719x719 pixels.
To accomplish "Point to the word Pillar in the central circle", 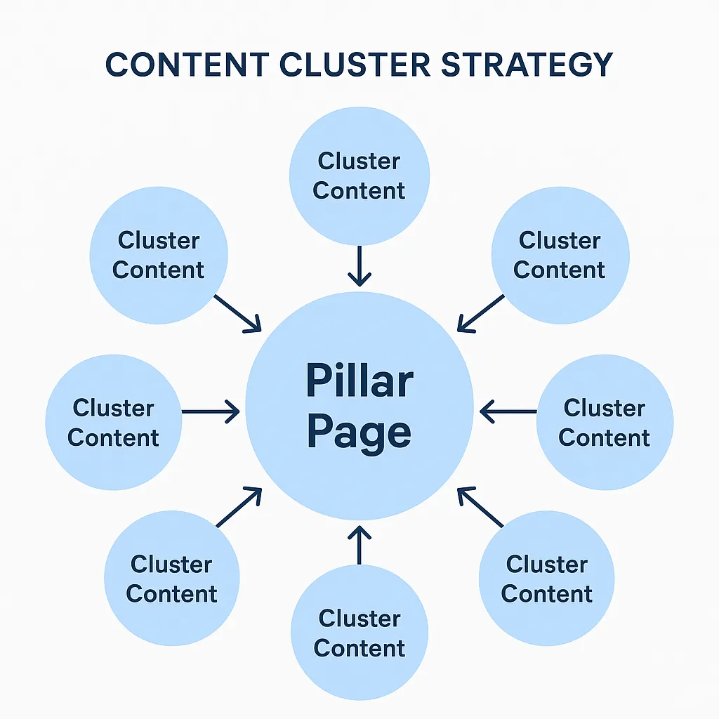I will click(x=359, y=381).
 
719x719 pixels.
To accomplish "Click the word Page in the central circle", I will click(x=359, y=432).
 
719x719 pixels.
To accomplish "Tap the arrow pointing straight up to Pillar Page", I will click(x=359, y=545).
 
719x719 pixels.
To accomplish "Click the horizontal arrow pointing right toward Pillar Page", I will click(x=211, y=411).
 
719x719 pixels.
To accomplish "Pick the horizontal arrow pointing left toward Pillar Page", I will click(x=508, y=411).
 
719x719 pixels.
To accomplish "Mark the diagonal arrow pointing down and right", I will click(x=237, y=312).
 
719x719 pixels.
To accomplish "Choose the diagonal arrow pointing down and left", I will click(x=480, y=312).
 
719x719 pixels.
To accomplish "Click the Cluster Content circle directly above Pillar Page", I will click(x=359, y=176).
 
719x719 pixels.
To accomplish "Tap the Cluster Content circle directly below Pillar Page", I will click(x=359, y=633).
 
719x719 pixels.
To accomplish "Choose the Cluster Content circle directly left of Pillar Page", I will click(x=114, y=423).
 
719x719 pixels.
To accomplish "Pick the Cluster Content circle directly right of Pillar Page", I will click(x=605, y=423).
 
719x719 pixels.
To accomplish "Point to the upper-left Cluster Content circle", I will click(x=159, y=255).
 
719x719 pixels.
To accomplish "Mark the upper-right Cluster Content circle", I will click(x=560, y=255).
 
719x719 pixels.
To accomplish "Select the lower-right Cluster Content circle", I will click(x=546, y=579).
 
